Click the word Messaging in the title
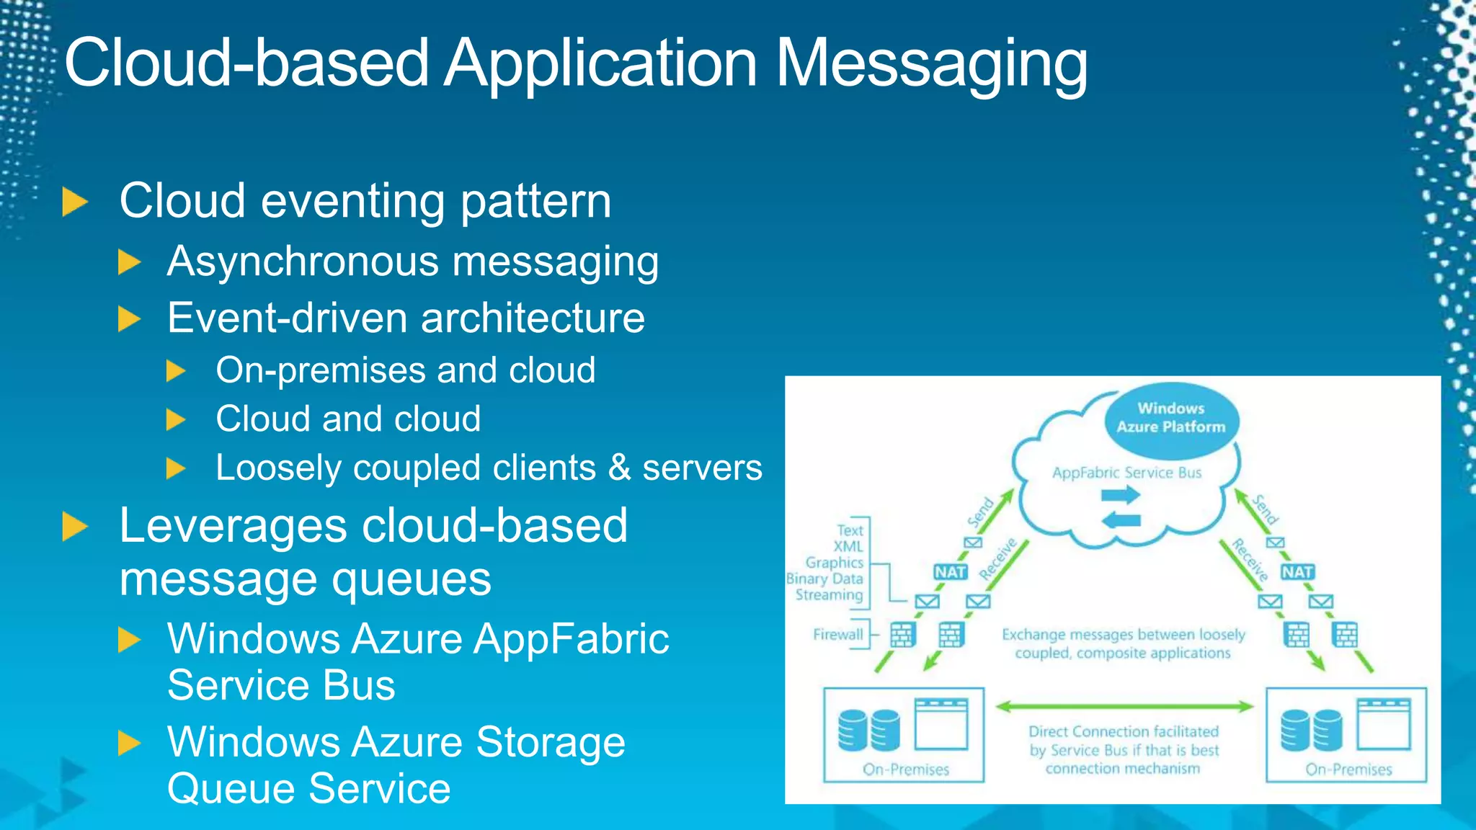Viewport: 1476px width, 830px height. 931,65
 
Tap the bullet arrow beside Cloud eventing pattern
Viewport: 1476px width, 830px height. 75,202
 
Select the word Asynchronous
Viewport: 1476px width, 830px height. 303,261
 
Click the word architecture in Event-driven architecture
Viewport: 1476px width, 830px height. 533,318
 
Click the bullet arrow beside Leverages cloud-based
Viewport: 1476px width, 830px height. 75,527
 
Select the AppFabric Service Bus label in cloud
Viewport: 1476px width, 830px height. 1126,473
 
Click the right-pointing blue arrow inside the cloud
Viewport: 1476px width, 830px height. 1121,495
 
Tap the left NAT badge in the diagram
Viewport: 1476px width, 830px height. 950,572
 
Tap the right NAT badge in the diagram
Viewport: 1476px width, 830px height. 1297,572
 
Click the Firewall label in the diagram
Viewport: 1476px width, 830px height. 837,635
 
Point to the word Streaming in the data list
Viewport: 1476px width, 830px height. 829,595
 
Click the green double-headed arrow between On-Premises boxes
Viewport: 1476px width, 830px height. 1124,707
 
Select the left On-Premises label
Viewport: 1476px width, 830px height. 906,769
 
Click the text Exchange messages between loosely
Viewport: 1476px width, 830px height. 1123,635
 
